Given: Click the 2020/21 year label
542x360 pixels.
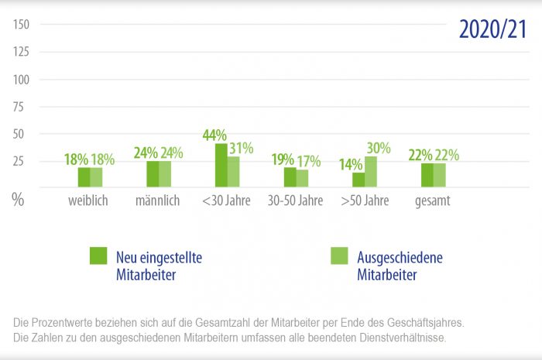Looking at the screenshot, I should click(x=492, y=29).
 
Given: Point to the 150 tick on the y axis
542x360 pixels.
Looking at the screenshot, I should click(x=21, y=25).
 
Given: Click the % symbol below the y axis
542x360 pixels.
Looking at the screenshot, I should click(x=18, y=199).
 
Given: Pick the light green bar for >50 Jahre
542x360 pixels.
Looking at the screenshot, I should click(x=371, y=172).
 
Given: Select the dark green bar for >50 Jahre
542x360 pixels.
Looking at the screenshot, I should click(x=358, y=180).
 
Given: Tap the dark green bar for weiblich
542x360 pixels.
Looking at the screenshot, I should click(x=84, y=177).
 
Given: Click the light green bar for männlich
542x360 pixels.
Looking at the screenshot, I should click(x=165, y=174).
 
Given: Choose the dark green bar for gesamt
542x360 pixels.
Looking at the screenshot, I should click(x=427, y=175).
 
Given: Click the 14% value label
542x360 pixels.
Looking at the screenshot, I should click(x=351, y=163).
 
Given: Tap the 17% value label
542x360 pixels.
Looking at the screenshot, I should click(x=310, y=160).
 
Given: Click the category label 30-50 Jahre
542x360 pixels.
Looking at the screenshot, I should click(x=295, y=201).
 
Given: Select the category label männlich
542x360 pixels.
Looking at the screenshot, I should click(x=158, y=201).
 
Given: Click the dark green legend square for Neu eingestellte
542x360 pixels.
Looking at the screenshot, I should click(x=98, y=255).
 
